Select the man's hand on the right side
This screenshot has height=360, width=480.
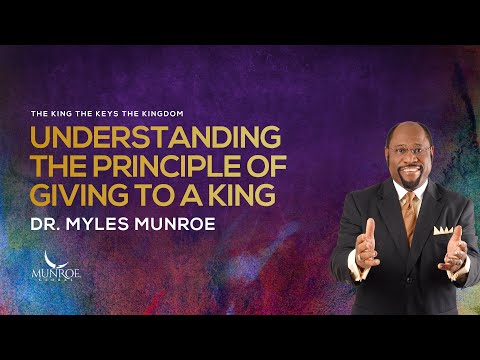tap(455, 249)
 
